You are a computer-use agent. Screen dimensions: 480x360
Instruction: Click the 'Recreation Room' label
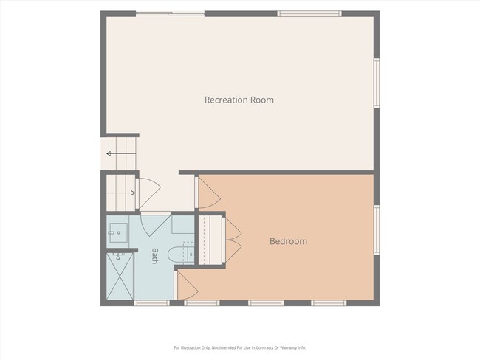(x=239, y=100)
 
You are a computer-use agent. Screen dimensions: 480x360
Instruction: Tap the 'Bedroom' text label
(x=288, y=241)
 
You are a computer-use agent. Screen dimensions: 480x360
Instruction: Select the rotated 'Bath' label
(x=155, y=256)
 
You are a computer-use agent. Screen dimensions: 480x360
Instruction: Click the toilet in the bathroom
(x=181, y=254)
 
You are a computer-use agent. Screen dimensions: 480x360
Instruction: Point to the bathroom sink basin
(x=118, y=233)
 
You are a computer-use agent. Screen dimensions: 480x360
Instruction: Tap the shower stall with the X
(x=120, y=276)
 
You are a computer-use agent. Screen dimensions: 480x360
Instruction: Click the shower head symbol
(x=117, y=256)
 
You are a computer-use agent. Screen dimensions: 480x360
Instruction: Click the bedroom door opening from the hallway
(x=208, y=193)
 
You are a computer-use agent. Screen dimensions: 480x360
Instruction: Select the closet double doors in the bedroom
(x=233, y=240)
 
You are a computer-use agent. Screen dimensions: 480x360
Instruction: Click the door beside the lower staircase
(x=149, y=193)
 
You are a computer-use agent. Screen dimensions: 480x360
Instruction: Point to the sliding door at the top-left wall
(x=170, y=13)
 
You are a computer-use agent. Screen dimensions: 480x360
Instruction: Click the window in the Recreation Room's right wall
(x=377, y=83)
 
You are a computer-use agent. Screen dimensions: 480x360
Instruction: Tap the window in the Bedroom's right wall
(x=377, y=229)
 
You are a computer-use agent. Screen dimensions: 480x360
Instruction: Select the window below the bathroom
(x=152, y=302)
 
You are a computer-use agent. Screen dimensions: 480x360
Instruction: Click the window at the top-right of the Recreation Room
(x=309, y=13)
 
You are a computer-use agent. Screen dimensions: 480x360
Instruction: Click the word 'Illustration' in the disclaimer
(x=193, y=347)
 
